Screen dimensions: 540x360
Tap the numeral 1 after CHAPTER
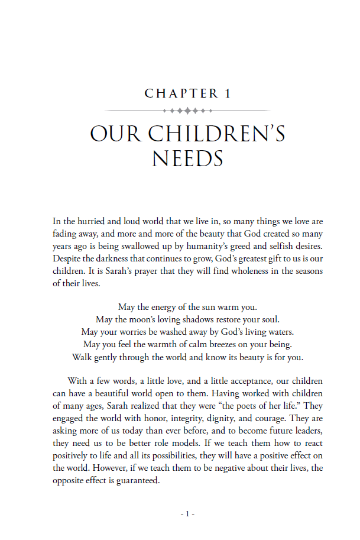[x=228, y=93]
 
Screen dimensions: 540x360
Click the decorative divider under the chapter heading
[x=187, y=111]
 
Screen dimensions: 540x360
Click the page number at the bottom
[x=187, y=515]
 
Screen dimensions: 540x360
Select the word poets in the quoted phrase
[x=240, y=406]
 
